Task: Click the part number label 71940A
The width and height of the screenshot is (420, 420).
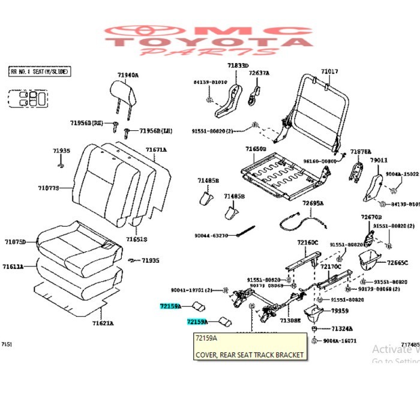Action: [x=127, y=75]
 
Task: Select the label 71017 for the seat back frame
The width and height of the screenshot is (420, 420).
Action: [x=329, y=71]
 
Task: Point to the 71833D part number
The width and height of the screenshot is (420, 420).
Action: [x=238, y=65]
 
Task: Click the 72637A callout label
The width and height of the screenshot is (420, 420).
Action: [x=259, y=73]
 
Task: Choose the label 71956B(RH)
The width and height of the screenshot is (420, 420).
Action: [x=88, y=122]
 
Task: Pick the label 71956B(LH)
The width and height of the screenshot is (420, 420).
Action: [x=156, y=130]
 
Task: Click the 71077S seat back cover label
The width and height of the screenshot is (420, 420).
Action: [x=49, y=188]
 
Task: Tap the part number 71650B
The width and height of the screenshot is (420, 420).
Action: [x=255, y=148]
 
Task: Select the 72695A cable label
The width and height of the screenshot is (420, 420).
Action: [x=313, y=203]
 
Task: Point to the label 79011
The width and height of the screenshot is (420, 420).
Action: [x=378, y=160]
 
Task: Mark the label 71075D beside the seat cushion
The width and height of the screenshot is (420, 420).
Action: [x=15, y=242]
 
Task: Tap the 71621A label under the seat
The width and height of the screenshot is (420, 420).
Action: [x=103, y=323]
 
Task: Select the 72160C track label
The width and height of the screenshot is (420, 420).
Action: [x=307, y=242]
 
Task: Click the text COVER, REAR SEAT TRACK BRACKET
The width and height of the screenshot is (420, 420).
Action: [x=249, y=355]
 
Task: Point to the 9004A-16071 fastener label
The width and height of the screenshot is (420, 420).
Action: [x=339, y=340]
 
